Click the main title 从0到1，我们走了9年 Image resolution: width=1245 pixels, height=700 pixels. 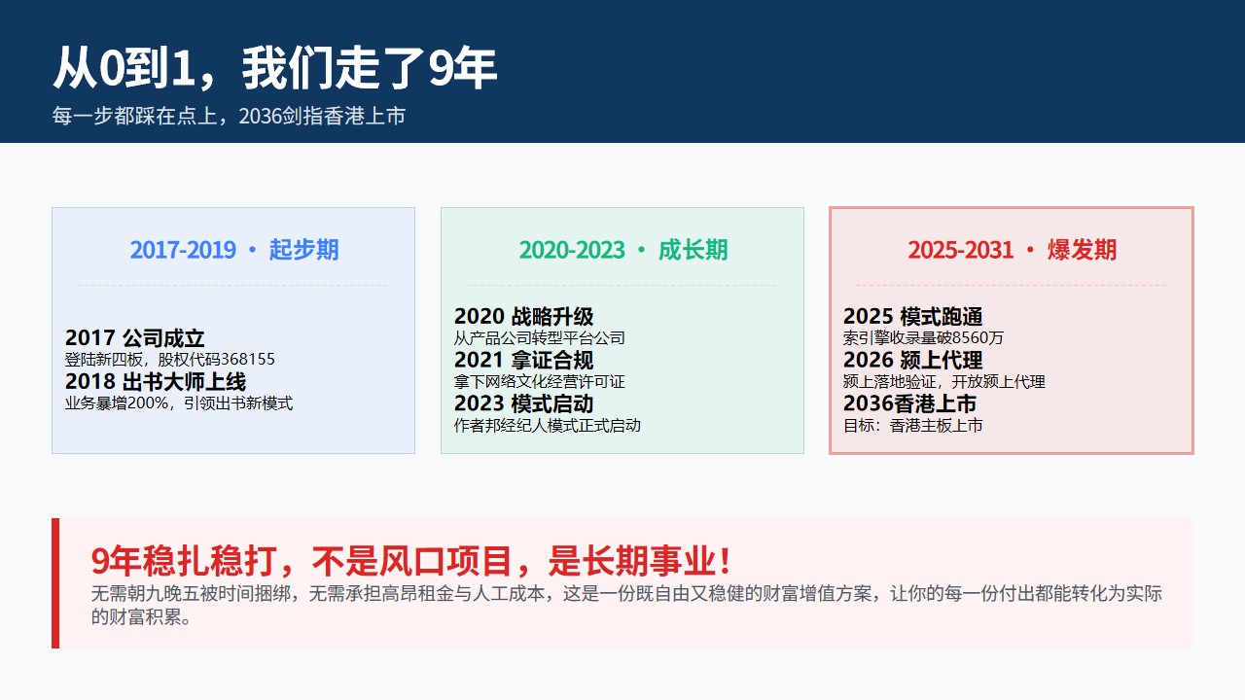(x=275, y=68)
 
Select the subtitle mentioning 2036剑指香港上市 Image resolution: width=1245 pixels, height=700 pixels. (x=229, y=116)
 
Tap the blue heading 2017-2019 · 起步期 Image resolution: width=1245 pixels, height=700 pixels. (x=234, y=250)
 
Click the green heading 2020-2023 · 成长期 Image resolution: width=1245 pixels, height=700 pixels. (x=623, y=250)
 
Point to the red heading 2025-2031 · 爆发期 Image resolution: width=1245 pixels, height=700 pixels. (x=1013, y=250)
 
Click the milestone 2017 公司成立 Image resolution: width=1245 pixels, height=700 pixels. (x=134, y=337)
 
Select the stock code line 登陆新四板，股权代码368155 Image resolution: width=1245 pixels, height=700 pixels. (x=169, y=360)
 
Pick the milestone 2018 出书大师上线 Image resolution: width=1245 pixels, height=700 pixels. (x=155, y=382)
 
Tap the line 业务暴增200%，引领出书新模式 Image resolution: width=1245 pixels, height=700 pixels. (x=178, y=402)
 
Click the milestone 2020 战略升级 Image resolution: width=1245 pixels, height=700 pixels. (x=523, y=317)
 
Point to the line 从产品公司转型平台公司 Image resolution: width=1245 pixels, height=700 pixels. (x=539, y=337)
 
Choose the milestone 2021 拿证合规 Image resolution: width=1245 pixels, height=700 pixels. (x=523, y=360)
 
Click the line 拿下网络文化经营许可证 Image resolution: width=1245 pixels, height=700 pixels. (x=539, y=382)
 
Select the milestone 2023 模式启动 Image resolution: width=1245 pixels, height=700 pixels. (x=523, y=403)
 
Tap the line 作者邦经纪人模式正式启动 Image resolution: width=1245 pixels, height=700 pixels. (x=547, y=426)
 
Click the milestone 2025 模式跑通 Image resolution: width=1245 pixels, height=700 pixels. (x=912, y=317)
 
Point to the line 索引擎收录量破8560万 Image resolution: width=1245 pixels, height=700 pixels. (x=923, y=337)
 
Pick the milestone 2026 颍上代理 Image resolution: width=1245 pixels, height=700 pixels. (x=912, y=360)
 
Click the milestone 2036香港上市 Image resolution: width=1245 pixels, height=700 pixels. (x=909, y=403)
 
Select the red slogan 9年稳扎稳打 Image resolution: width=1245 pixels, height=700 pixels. (x=184, y=561)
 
